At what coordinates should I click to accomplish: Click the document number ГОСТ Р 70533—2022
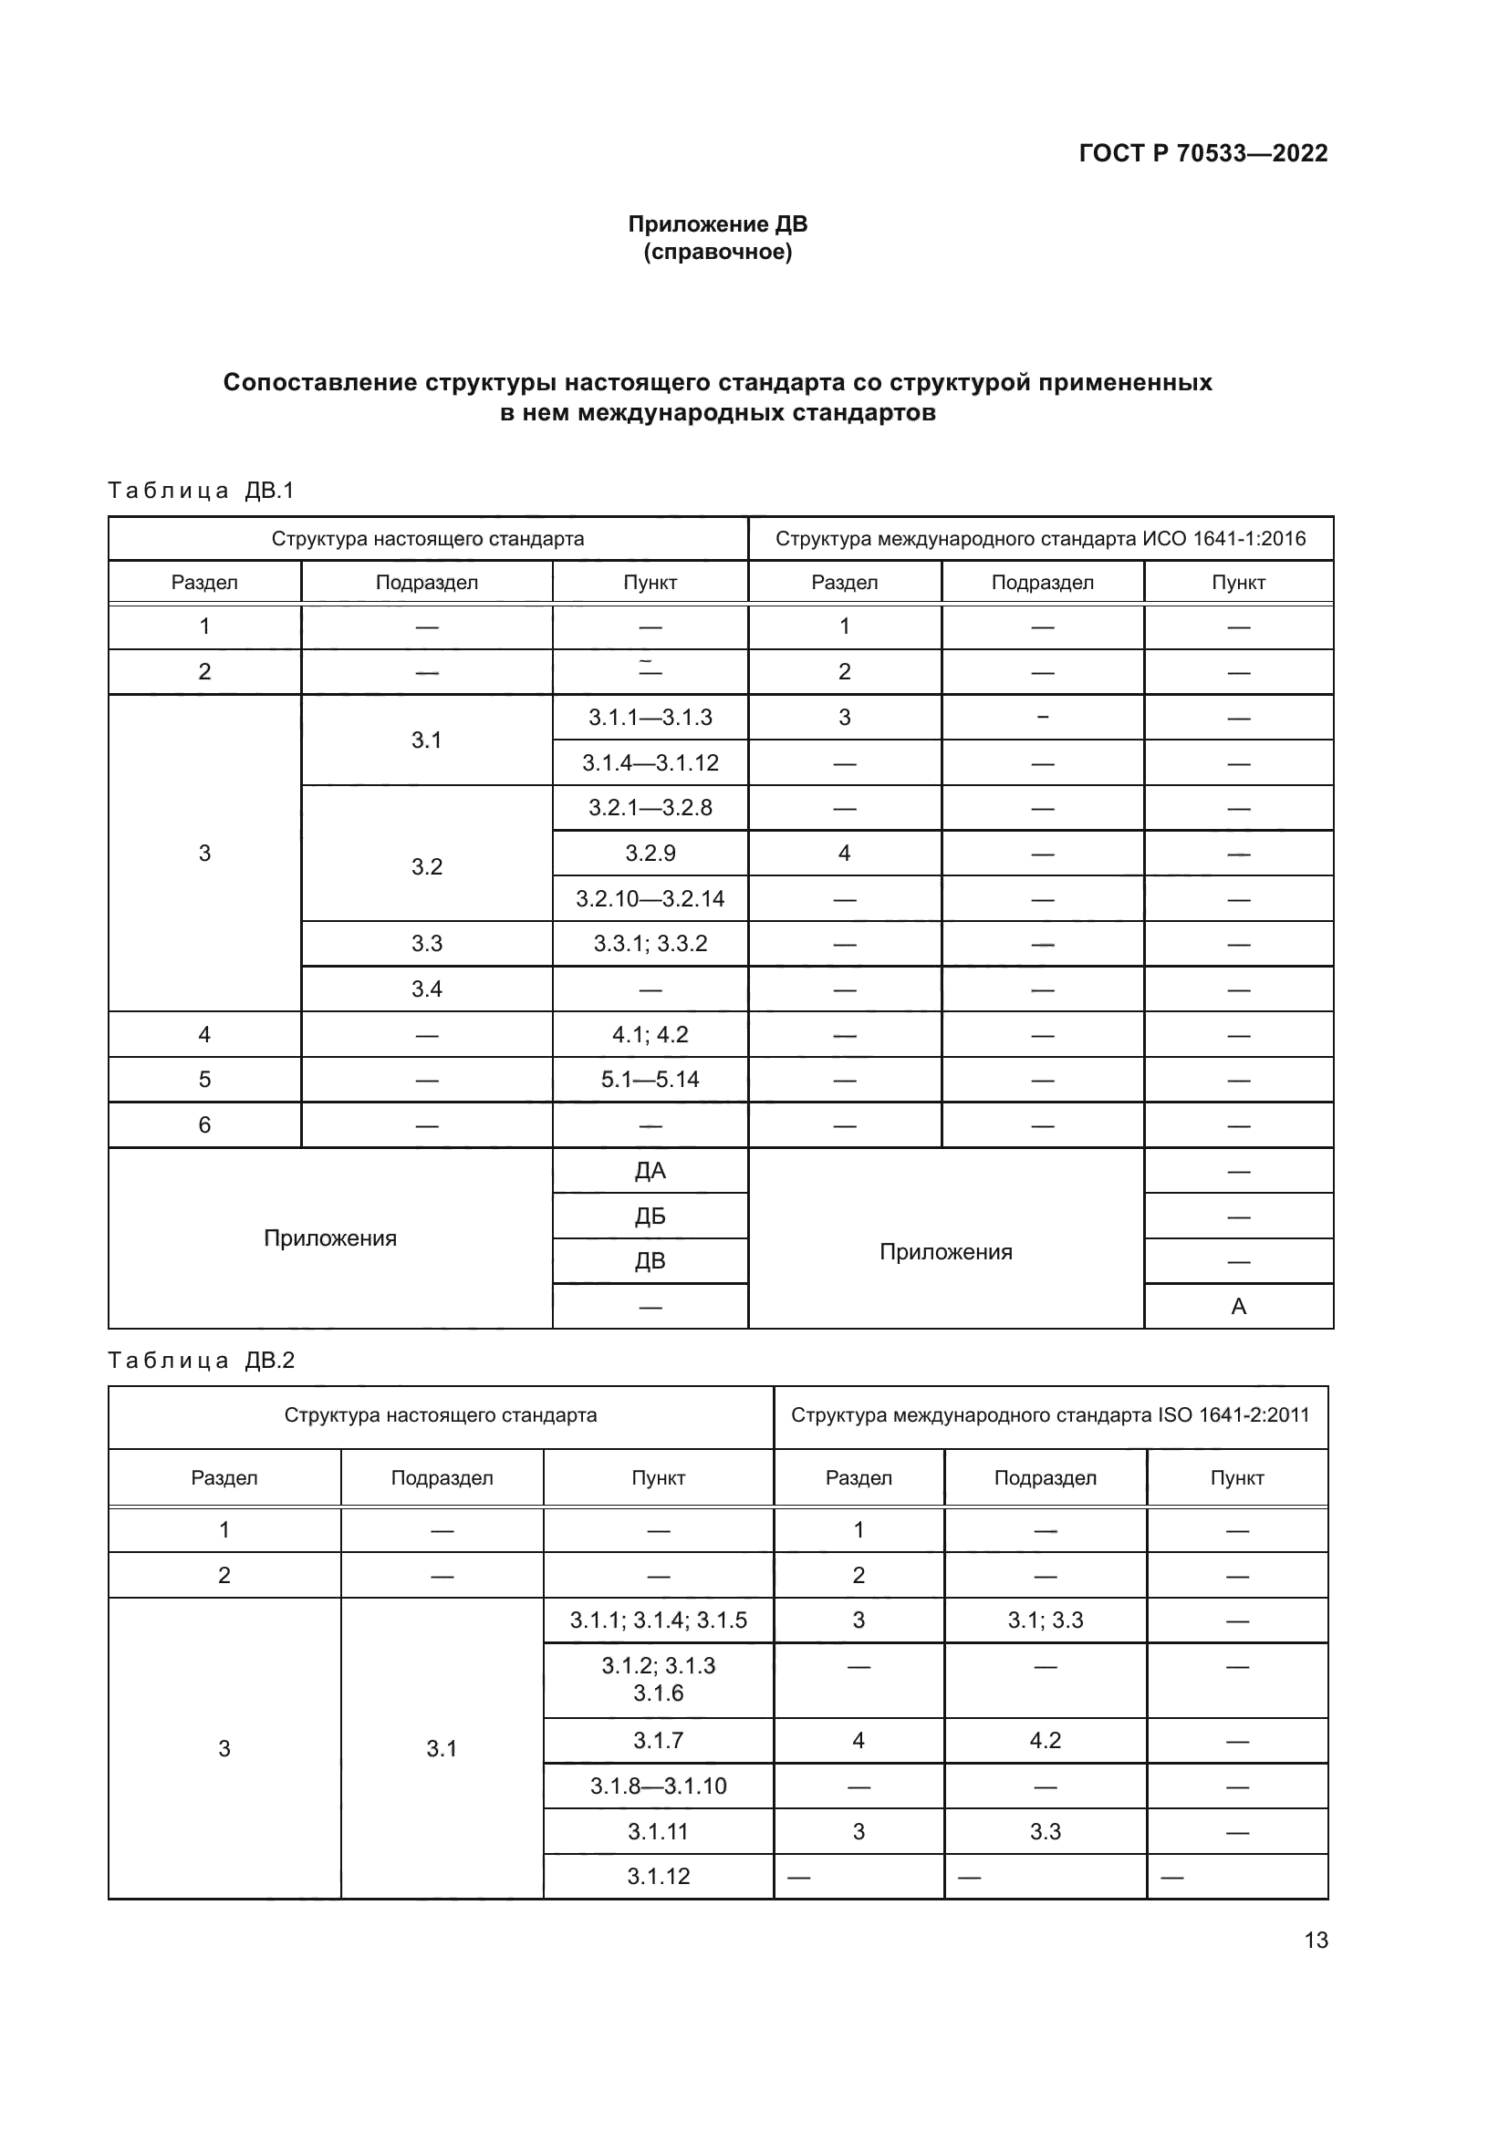point(1202,153)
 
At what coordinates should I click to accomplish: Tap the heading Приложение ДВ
point(717,224)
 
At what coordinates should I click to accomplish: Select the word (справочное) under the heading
point(717,252)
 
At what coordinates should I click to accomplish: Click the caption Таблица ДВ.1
point(201,491)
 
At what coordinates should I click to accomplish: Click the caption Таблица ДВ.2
point(201,1360)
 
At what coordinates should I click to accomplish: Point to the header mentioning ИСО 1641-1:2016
point(1040,539)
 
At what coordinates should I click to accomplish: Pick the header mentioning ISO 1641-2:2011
point(1049,1415)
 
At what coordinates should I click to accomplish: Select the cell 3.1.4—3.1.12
point(650,762)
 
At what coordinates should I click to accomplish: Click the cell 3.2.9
point(650,853)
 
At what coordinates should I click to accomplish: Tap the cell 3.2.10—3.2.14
point(650,898)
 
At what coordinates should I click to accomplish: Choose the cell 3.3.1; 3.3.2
point(650,944)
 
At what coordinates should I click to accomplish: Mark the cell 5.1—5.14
point(650,1080)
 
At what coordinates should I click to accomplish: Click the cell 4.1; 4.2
point(650,1034)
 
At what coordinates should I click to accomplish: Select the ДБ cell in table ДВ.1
point(650,1217)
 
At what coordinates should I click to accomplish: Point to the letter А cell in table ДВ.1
point(1238,1306)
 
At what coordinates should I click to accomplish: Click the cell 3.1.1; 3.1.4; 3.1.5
point(658,1620)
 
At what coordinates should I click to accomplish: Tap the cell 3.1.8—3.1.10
point(658,1786)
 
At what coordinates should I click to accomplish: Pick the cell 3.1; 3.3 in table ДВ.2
point(1045,1620)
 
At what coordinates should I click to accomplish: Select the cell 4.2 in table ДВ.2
point(1045,1740)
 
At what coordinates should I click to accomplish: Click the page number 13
point(1315,1940)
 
